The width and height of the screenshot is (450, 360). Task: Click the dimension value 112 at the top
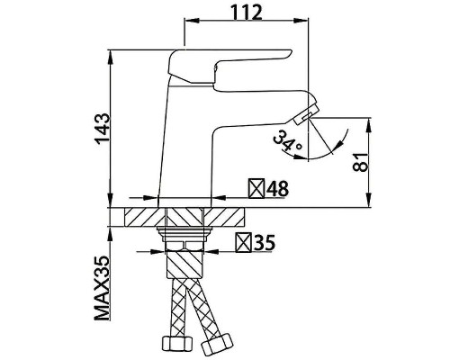239,13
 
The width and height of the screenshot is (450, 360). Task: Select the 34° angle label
287,143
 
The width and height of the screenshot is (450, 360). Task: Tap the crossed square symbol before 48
256,190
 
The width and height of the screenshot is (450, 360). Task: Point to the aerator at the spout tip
308,112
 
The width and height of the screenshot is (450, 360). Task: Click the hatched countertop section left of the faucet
142,219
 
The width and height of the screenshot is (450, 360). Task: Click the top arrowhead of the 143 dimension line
112,52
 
